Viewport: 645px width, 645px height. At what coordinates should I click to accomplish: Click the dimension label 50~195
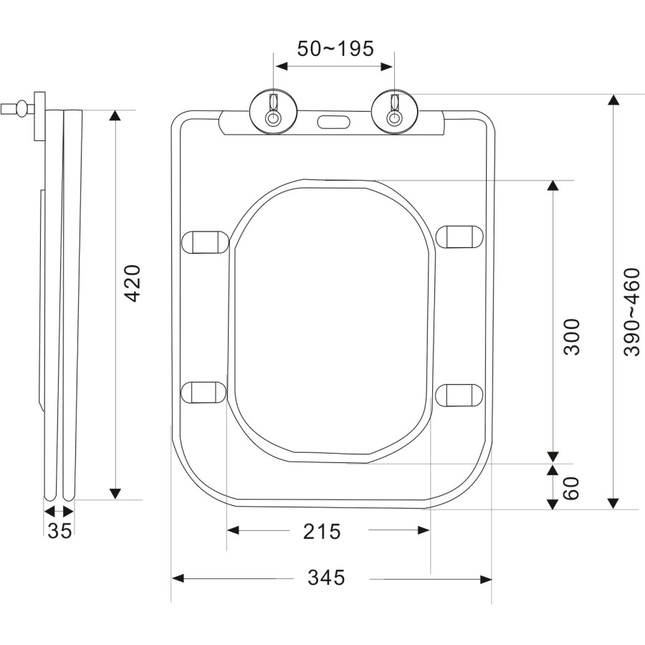click(335, 49)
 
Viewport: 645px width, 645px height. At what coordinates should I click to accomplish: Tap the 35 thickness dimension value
click(59, 531)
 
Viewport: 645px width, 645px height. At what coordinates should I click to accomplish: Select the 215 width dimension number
click(321, 531)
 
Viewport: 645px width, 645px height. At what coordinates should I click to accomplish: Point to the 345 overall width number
click(326, 578)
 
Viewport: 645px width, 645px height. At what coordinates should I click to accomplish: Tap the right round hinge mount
click(393, 113)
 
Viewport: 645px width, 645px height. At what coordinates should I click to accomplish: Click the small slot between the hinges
click(333, 121)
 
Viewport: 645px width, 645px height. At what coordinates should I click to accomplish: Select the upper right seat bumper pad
click(459, 236)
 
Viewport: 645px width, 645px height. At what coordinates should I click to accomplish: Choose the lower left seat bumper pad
click(204, 392)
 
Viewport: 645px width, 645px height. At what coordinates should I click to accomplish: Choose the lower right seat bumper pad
click(459, 393)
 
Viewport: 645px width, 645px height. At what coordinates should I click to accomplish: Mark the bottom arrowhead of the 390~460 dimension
click(613, 502)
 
